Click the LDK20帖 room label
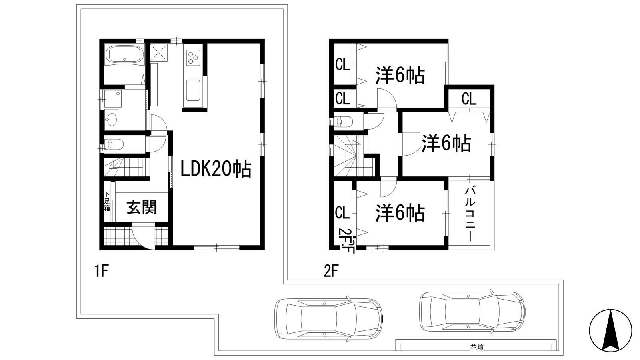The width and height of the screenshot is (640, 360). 216,169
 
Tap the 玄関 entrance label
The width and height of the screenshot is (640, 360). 142,208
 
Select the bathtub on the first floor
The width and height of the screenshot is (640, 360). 124,54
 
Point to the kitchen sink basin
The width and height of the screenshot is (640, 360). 194,90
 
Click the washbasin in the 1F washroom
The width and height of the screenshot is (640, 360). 112,120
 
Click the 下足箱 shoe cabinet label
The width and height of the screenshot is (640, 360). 107,201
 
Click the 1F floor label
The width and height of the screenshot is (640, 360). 102,272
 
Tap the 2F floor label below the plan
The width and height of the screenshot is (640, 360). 331,272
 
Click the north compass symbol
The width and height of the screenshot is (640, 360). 610,330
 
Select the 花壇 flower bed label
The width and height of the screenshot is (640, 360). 477,348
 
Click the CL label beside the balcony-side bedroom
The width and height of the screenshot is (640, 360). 342,213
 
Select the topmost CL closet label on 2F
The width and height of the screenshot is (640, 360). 343,64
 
